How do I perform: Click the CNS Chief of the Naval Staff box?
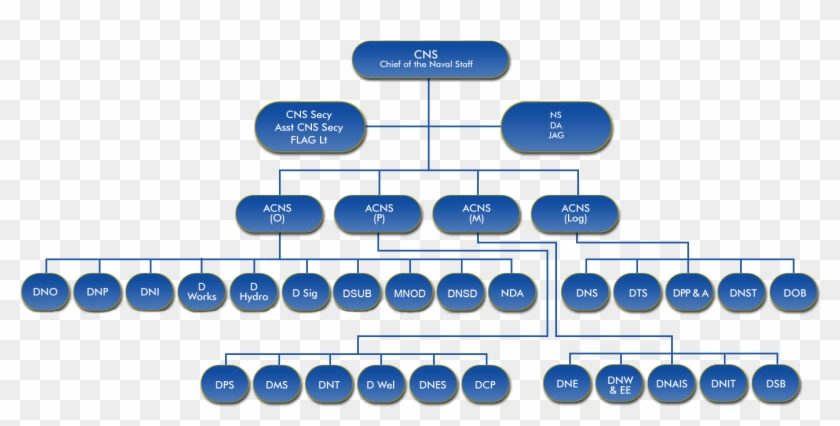(x=431, y=60)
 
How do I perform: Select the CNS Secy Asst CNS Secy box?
(x=310, y=128)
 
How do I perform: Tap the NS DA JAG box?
(x=555, y=128)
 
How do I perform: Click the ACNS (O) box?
(x=278, y=213)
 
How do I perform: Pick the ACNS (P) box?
(x=378, y=213)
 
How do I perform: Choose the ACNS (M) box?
(x=476, y=213)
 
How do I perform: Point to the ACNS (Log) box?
(x=576, y=213)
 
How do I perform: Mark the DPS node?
(x=224, y=384)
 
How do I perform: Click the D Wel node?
(x=381, y=384)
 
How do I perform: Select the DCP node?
(x=485, y=384)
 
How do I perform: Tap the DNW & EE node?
(x=620, y=384)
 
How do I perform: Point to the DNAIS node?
(x=671, y=384)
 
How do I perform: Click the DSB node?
(x=776, y=384)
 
